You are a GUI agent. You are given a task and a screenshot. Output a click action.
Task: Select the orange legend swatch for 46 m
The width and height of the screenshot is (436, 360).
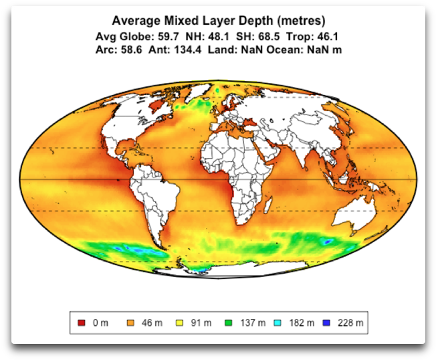tap(129, 323)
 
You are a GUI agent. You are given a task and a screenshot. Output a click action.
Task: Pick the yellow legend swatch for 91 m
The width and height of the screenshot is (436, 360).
tap(179, 323)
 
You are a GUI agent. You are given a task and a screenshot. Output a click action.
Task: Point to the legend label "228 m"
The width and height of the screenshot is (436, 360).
tap(352, 323)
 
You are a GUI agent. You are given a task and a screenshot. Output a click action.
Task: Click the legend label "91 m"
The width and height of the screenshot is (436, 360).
tap(199, 323)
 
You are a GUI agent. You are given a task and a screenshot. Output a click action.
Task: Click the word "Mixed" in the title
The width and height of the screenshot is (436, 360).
tap(171, 21)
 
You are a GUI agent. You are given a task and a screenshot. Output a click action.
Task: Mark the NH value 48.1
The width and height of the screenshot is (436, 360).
tap(214, 36)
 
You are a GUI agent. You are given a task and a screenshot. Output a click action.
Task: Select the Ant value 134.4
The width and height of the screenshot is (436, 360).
tap(189, 50)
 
